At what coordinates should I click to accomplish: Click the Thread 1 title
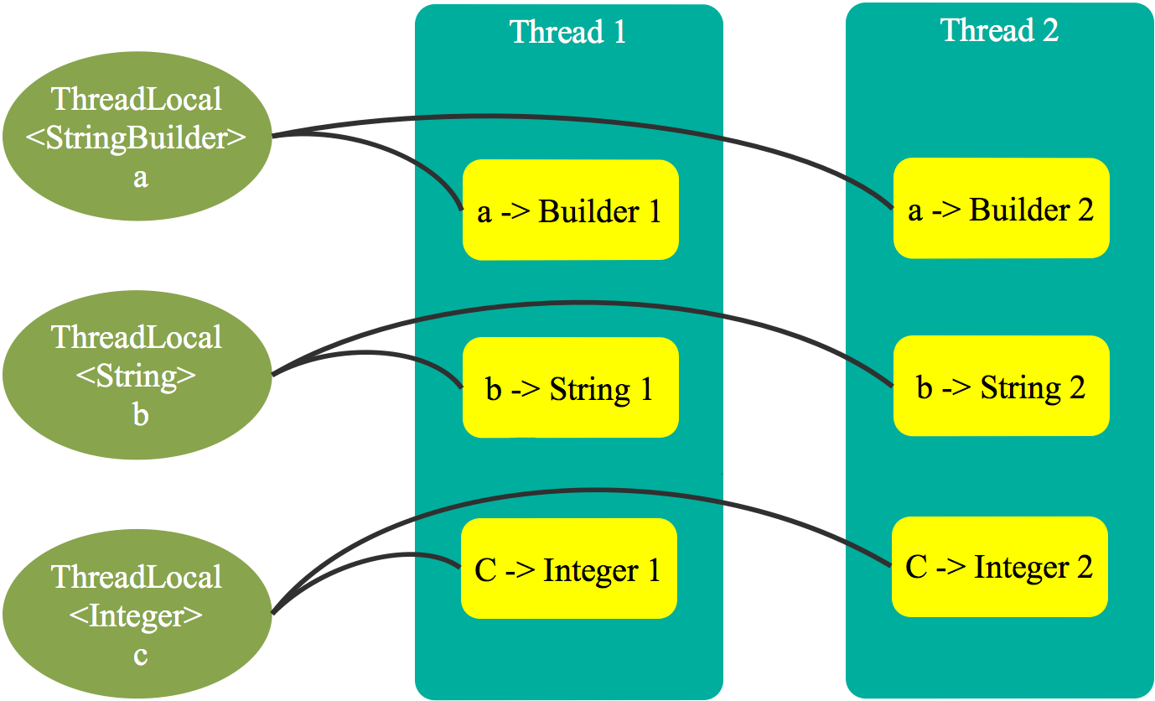567,32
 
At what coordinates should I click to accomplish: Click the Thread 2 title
999,30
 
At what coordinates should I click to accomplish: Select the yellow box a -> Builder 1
570,210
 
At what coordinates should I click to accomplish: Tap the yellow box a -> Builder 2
1001,208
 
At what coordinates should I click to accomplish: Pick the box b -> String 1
570,387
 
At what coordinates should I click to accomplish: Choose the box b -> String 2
1001,386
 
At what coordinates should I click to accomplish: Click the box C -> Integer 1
568,569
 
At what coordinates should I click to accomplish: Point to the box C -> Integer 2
999,567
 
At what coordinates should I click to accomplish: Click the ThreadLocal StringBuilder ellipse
137,138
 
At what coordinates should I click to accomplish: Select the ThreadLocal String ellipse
137,376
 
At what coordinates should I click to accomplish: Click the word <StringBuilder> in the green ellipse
137,138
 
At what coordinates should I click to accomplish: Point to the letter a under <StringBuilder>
140,178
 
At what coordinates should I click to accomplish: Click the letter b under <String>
140,414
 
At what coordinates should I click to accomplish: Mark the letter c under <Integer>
140,655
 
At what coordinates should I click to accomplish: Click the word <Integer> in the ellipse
136,616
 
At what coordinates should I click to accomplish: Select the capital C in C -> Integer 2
916,568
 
